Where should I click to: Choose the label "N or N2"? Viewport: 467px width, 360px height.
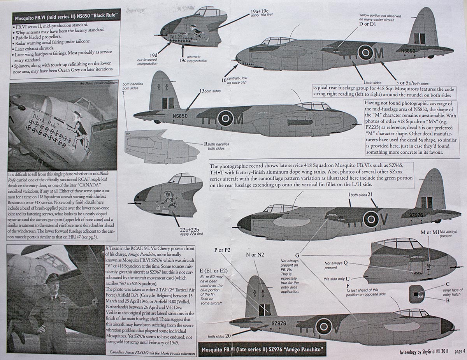click(255, 254)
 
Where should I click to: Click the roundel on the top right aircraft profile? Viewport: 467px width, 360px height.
click(365, 52)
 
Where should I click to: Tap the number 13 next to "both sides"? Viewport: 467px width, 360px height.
click(202, 91)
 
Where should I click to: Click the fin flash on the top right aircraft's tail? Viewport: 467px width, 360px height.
click(419, 38)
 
